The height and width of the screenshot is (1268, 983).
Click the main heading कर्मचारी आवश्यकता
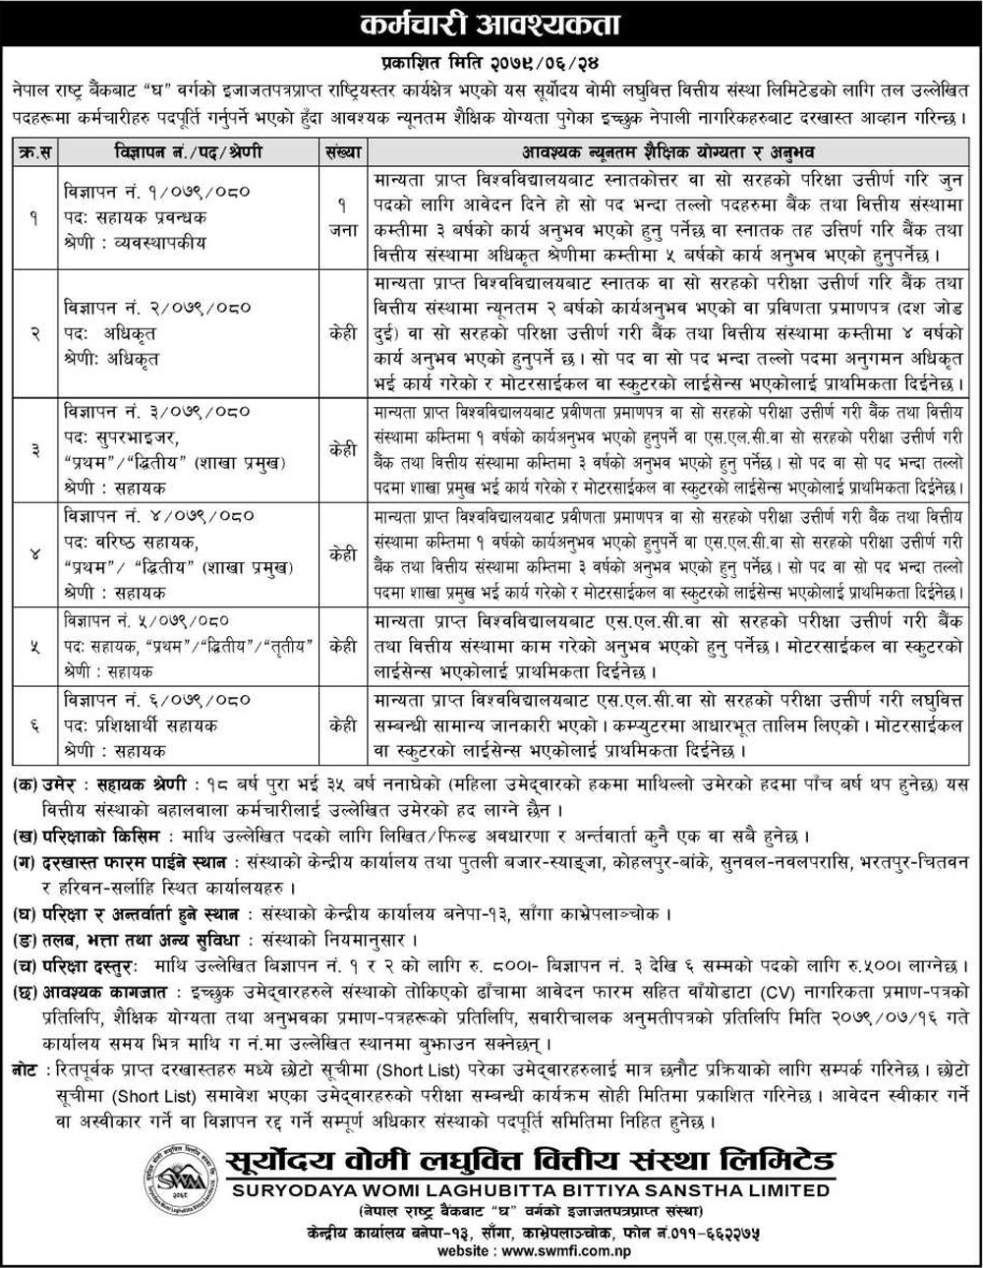point(491,22)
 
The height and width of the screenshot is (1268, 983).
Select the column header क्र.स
point(34,154)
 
